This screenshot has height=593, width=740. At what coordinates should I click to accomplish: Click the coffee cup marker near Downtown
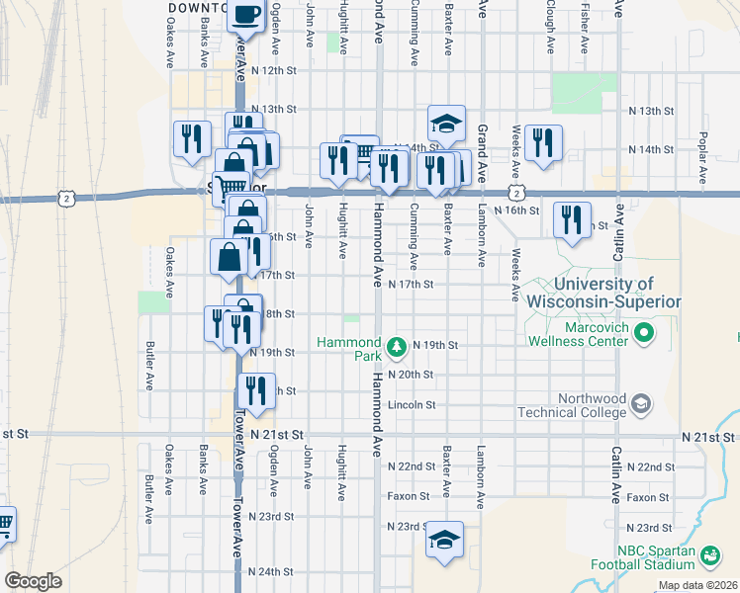pos(247,17)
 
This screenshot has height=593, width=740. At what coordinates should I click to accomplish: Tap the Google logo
pos(33,581)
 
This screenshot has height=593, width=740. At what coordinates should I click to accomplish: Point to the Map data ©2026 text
pos(696,585)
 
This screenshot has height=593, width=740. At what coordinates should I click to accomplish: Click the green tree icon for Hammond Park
pos(396,346)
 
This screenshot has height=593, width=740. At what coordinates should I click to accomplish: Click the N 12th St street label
pos(274,71)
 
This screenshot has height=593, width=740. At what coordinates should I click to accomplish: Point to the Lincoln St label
pos(413,405)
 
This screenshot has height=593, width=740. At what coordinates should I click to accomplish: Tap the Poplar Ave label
pos(702,158)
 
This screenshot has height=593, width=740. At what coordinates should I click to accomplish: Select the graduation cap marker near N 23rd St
pos(445,541)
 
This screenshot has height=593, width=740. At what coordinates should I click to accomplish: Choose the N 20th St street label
pos(412,376)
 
